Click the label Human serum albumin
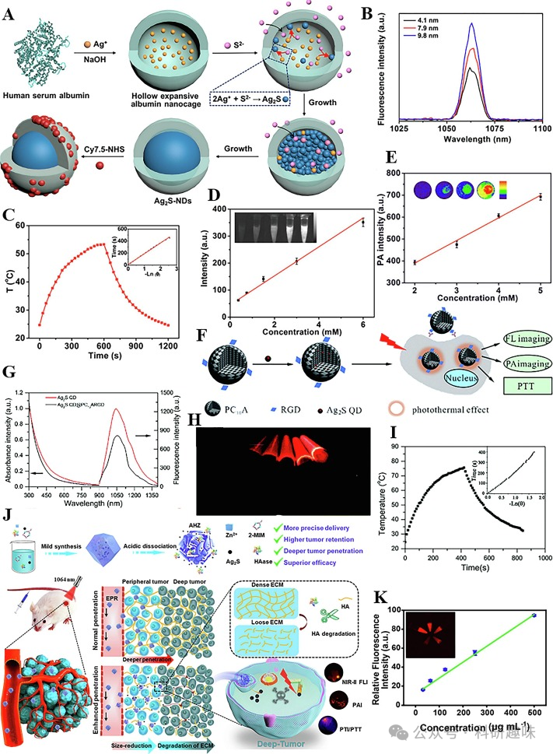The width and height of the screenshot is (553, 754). click(49, 96)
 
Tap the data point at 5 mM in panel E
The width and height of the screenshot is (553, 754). click(539, 196)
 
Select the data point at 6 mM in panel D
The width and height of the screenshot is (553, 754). click(362, 223)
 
